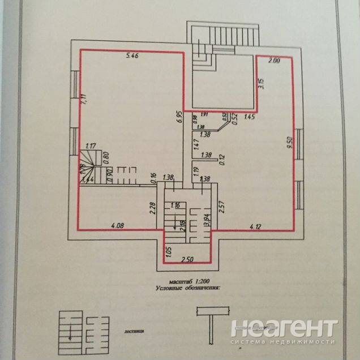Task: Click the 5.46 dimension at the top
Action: (x=131, y=55)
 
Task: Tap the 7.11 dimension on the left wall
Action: (x=83, y=101)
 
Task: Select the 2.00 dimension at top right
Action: (x=274, y=60)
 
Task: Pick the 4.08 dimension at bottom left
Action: (x=118, y=226)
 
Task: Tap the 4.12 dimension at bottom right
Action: (x=257, y=226)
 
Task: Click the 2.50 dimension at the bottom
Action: (x=187, y=260)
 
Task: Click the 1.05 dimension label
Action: (x=169, y=248)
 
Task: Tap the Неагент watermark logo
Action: (x=284, y=332)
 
